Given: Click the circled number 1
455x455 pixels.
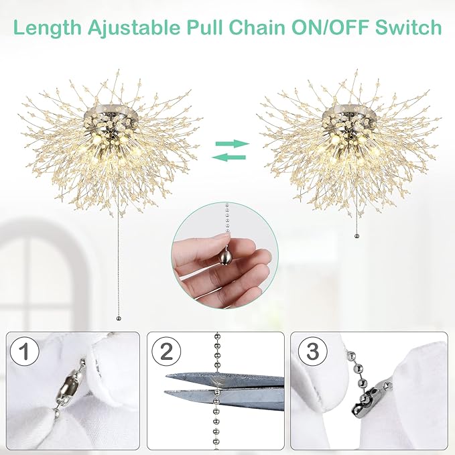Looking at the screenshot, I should click(24, 352).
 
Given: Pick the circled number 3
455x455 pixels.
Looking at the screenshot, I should click(309, 352).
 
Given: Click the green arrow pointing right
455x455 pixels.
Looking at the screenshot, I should click(231, 143).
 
